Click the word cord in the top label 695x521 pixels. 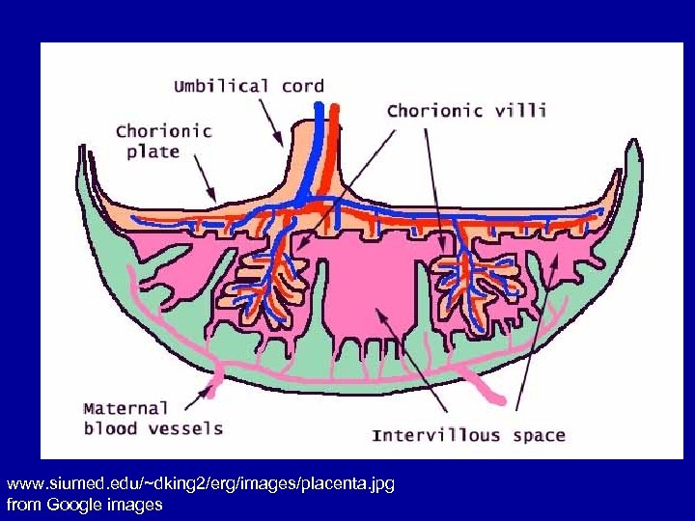[x=302, y=87]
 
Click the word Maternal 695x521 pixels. [x=125, y=408]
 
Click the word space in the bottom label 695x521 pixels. [x=539, y=435]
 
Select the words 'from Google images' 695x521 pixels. [x=84, y=504]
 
